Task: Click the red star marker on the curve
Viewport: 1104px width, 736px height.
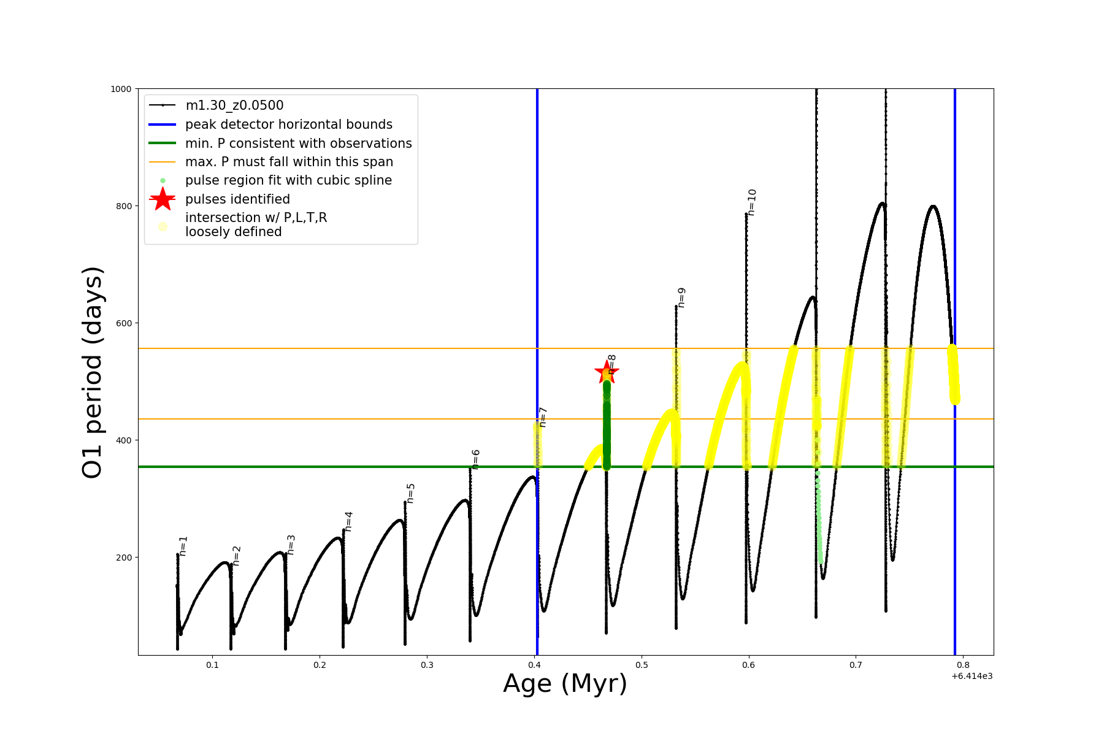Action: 607,372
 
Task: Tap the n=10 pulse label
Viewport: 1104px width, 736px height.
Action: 752,202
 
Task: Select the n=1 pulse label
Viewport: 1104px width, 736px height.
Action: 183,546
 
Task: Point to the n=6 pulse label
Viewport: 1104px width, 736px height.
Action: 476,459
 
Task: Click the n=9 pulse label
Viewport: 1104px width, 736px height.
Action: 681,297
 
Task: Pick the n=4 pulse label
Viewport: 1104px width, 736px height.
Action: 348,521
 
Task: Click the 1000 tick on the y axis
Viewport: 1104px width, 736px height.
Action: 121,89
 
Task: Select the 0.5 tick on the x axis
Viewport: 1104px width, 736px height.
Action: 642,665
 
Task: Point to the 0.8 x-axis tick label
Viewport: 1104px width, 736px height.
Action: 963,665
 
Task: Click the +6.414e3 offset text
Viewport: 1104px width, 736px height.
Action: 972,676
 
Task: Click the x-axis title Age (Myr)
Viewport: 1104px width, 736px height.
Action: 565,684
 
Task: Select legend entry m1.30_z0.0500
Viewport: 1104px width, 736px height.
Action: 234,105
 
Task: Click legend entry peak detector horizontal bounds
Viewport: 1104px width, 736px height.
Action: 289,125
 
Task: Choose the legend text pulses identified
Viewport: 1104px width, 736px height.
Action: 237,199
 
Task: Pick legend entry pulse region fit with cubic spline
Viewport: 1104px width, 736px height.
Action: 288,180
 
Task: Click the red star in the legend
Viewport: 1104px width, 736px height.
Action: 163,199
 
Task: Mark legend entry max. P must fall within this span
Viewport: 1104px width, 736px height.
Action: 289,162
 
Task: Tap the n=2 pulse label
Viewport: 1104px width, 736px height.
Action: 237,555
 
